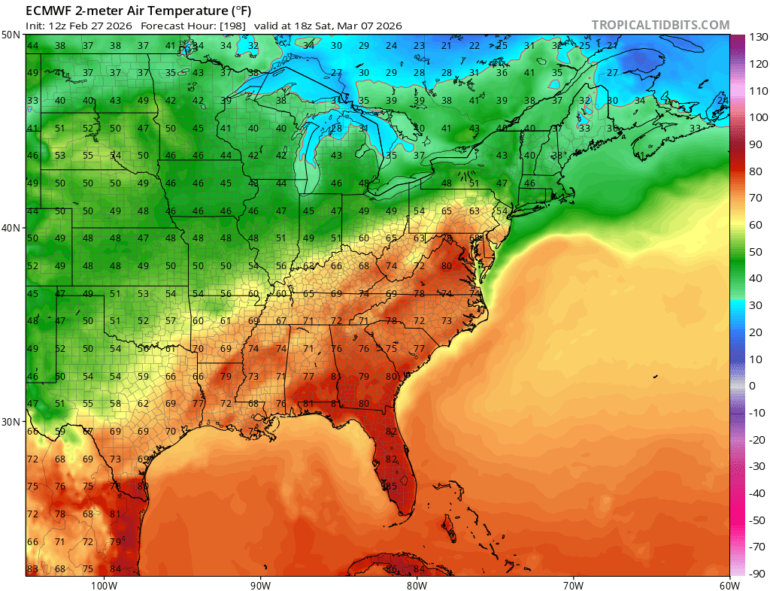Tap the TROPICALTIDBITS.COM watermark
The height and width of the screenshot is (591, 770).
coord(660,25)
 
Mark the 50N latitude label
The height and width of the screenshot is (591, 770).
coord(11,35)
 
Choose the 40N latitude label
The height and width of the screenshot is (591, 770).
coord(11,228)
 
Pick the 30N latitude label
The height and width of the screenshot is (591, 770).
coord(11,421)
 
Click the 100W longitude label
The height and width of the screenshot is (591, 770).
coord(104,584)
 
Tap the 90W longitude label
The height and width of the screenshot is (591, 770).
coord(260,584)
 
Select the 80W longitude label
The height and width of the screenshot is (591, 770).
coord(417,584)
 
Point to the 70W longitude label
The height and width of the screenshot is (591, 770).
coord(573,584)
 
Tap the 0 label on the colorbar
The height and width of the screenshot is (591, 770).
coord(752,386)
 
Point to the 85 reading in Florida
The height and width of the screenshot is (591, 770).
coord(390,486)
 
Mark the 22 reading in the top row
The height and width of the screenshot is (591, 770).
coord(474,46)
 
